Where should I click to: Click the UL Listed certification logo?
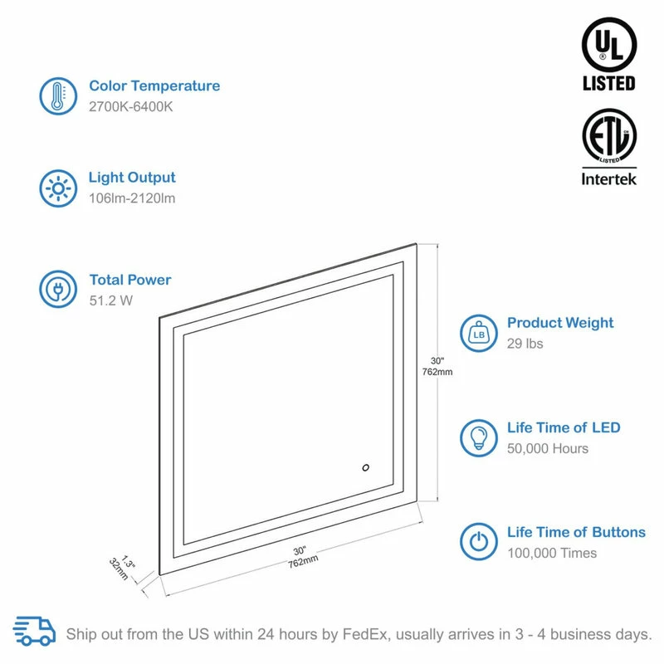[609, 54]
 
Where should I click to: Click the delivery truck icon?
[34, 631]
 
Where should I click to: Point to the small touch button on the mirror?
[365, 467]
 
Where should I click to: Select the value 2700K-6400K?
[131, 107]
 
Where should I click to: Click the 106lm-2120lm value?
[132, 198]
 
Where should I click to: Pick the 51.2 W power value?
[111, 300]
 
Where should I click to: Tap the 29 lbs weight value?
[525, 344]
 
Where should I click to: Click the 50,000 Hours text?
[548, 448]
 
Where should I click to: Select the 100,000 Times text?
[552, 553]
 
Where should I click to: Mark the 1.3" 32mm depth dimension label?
[122, 568]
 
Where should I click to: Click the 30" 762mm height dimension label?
[437, 366]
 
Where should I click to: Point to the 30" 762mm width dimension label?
[302, 557]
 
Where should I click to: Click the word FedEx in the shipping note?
[364, 634]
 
